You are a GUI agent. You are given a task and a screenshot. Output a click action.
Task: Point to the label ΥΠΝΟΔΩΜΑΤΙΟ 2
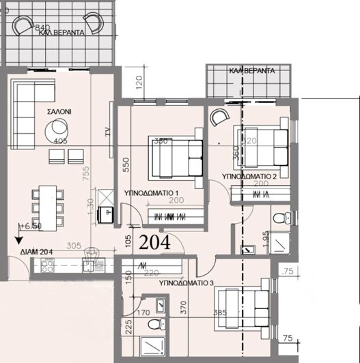coord(250,176)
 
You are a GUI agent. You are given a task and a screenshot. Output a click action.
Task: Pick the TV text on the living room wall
coord(107,132)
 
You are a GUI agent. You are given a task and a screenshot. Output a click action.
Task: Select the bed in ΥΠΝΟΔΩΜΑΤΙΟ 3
coord(242,308)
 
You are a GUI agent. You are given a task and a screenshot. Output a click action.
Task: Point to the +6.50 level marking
coord(31,225)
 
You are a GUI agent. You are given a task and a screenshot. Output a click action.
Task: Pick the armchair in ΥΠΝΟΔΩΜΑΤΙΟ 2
coord(219,117)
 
